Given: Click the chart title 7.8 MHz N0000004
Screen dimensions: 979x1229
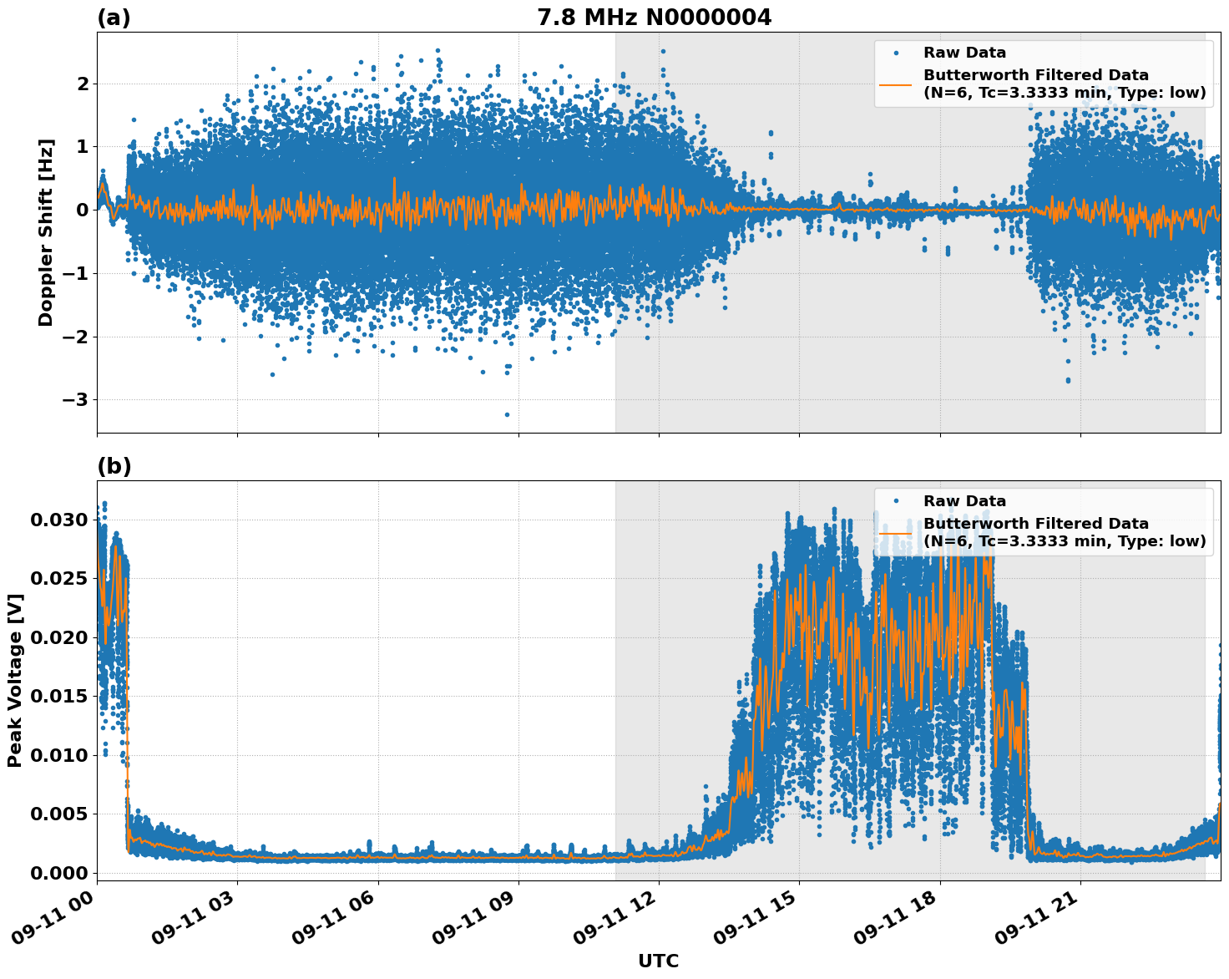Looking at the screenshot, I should click(654, 18).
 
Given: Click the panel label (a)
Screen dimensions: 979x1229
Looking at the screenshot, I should click(114, 18).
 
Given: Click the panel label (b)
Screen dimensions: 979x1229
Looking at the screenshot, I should click(114, 466).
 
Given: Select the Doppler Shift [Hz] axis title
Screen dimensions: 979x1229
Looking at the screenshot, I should click(46, 232).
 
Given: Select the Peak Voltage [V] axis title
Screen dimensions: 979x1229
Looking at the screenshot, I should click(14, 680).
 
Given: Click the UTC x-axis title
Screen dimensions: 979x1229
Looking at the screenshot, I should click(658, 961).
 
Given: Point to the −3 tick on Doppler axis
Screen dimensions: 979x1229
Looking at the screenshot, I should click(77, 400).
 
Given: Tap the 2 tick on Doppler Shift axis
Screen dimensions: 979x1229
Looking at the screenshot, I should click(83, 84).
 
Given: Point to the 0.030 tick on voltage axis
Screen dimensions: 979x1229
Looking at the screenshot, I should click(58, 520).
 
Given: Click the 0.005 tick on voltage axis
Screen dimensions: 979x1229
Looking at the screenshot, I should click(58, 814).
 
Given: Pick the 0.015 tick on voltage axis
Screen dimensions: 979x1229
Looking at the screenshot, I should click(58, 697).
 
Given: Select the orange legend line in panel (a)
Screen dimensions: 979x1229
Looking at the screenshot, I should click(896, 84).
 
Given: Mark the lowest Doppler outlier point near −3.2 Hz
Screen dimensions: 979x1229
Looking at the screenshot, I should click(507, 414).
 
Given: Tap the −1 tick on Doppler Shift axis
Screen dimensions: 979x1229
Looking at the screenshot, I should click(77, 273).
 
